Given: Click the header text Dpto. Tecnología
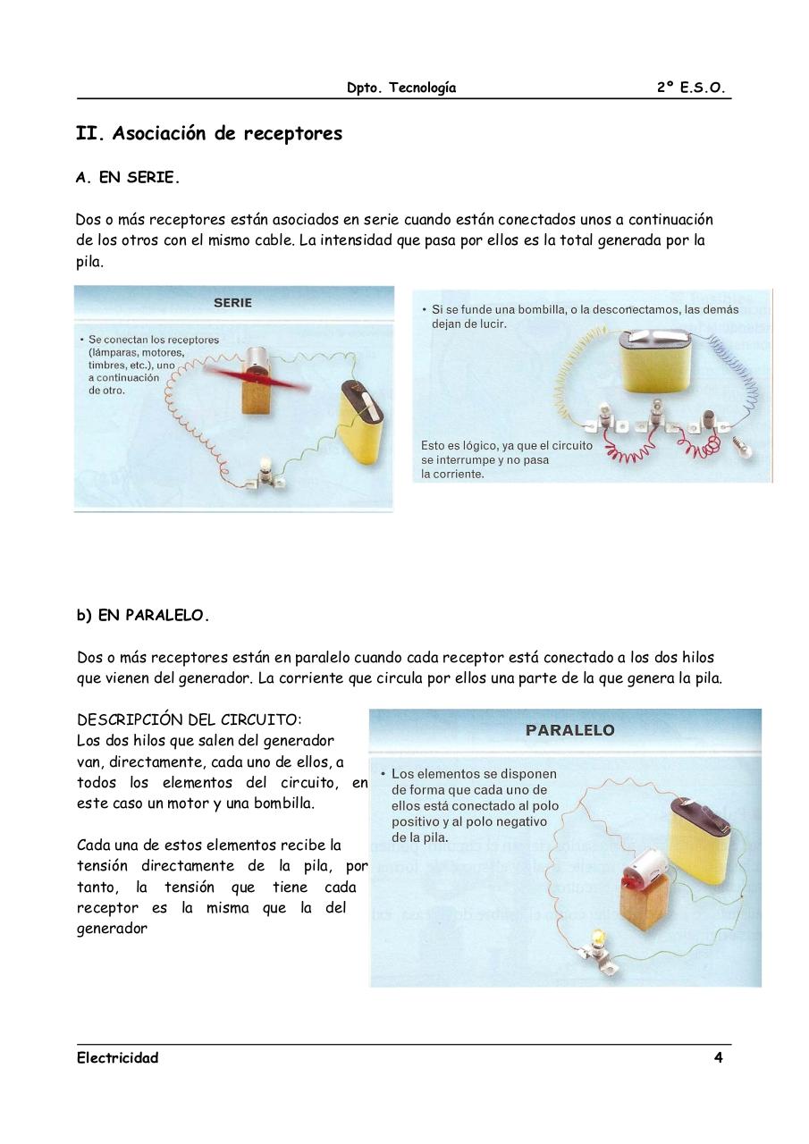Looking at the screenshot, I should pos(401,88).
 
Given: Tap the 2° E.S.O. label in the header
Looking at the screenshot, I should pos(690,88).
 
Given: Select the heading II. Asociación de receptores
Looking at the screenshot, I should pos(209,134).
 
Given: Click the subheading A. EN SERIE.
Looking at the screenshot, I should pos(128,178).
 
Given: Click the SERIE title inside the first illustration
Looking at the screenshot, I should pos(232,303).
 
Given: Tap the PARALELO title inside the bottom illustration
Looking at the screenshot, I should pos(569,730).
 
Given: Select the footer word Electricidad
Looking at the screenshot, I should pos(117,1058).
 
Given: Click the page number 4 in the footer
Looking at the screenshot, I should pos(718,1058).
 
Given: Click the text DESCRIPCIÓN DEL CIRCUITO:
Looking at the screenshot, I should pos(190,719).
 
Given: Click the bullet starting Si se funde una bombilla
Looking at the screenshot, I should pos(585,309).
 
